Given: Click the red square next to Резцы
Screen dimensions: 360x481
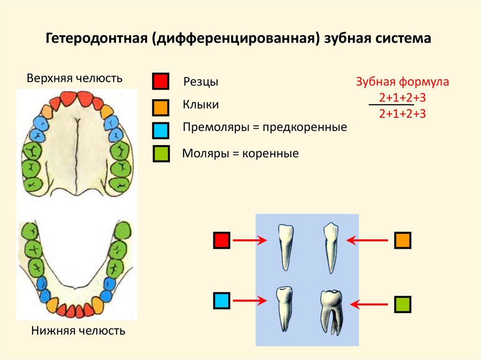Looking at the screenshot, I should pos(160,81).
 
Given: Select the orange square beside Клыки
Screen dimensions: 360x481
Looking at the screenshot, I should pos(160,107).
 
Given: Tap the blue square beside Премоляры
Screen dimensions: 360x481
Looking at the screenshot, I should pos(160,130).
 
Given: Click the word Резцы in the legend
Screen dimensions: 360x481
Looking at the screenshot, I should pos(201,82).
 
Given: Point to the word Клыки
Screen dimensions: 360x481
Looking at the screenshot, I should pos(201,105).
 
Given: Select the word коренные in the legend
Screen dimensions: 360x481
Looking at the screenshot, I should pos(271,153).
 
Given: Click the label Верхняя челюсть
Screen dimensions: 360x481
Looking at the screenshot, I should pos(75,78).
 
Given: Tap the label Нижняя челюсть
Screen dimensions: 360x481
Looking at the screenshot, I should pos(78,331).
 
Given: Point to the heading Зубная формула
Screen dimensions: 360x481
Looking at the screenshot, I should pos(403,82).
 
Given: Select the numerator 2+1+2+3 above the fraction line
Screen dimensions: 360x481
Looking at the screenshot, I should pos(402,98).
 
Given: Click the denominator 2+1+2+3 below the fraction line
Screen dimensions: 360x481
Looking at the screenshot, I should pos(402,113).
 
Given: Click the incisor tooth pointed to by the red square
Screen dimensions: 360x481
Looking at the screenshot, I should pos(285,246).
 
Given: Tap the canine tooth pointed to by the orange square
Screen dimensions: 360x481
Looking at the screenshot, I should pos(331,246).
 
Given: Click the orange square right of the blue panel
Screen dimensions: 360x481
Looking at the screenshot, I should pos(403,240).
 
